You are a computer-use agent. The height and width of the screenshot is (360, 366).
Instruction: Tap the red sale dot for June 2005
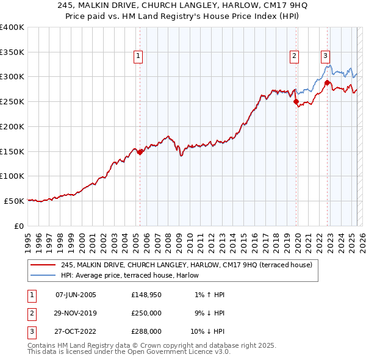(x=140, y=152)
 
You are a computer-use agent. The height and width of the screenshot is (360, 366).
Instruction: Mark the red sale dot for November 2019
(x=296, y=102)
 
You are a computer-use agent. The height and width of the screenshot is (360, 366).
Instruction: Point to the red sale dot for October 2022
(x=328, y=83)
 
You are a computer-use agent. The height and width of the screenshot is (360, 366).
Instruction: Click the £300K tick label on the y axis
(x=12, y=77)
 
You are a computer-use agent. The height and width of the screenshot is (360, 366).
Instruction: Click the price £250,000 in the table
(x=146, y=314)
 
